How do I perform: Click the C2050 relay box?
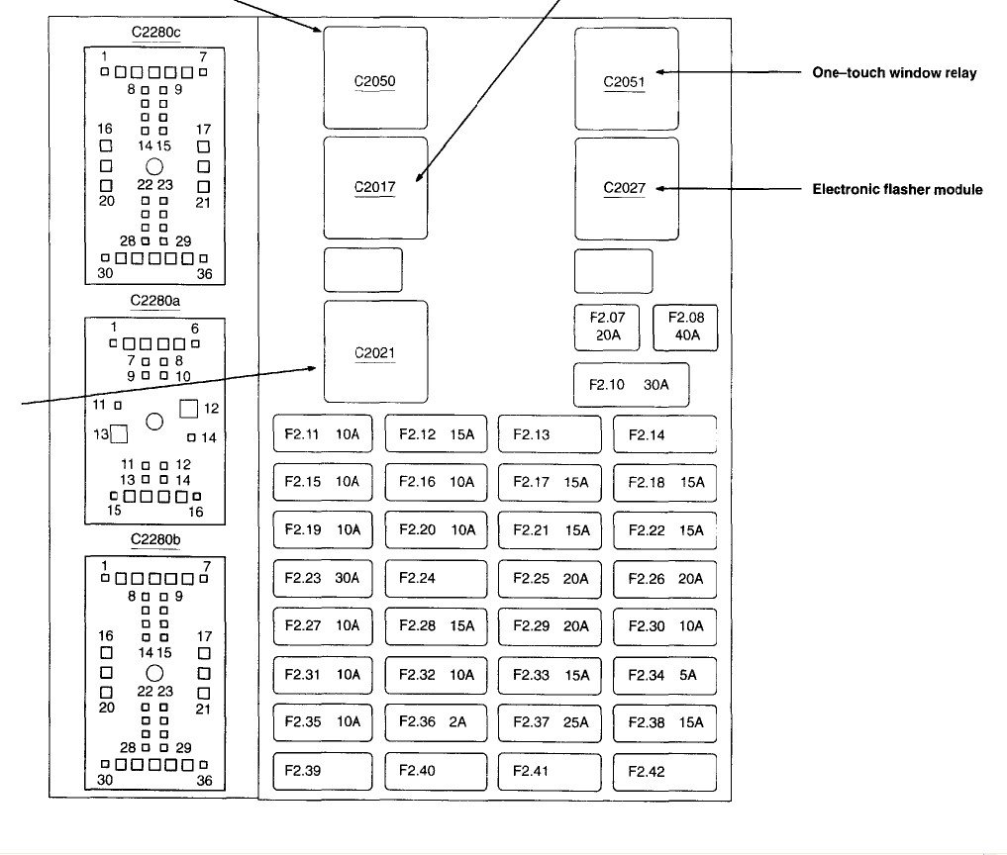point(375,77)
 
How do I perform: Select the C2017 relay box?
point(375,187)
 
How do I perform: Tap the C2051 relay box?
point(626,78)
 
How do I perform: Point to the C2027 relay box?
point(626,189)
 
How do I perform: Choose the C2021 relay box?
point(375,351)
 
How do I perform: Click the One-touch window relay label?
point(894,72)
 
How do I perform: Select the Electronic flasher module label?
point(897,189)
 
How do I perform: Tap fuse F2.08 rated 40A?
point(685,328)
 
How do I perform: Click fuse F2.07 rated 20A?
point(607,328)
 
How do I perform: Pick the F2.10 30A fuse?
point(632,385)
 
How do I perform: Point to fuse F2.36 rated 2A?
point(436,722)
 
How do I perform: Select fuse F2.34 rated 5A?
point(664,675)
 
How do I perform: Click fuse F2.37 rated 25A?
point(550,722)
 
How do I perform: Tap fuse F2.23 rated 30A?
point(323,578)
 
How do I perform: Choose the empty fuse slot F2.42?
point(664,772)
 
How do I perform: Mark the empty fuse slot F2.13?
point(550,434)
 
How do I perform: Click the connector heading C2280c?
point(155,32)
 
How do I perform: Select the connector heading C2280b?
point(155,539)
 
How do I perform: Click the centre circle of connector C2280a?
point(154,422)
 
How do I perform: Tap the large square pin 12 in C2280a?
point(189,409)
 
